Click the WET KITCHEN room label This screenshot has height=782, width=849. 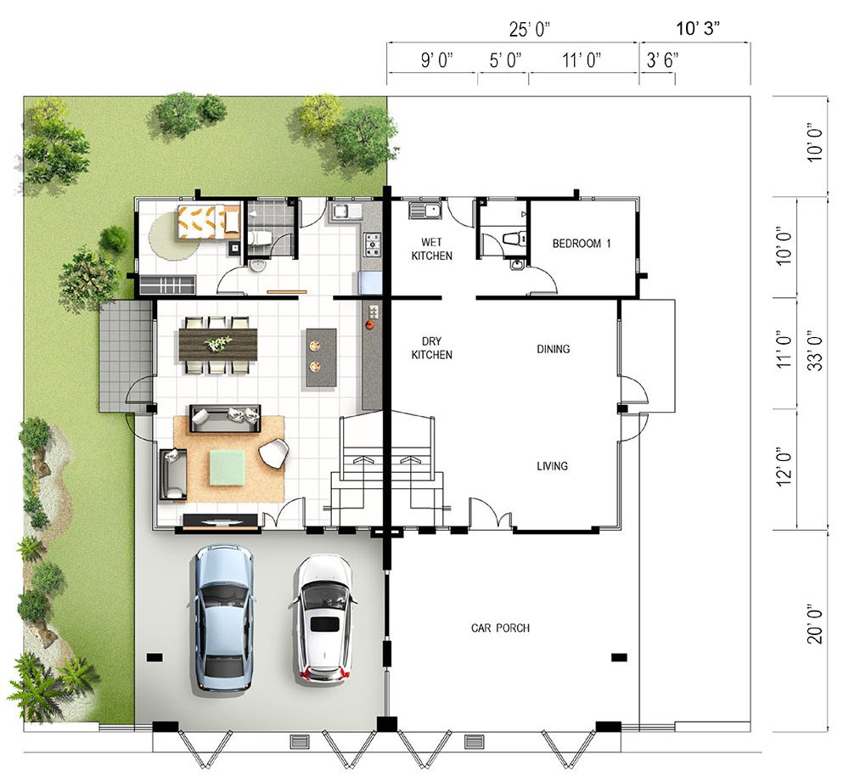(x=431, y=249)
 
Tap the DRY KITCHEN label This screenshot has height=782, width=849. (x=431, y=347)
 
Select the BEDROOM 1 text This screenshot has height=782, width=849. (x=582, y=244)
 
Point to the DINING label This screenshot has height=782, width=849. (x=554, y=349)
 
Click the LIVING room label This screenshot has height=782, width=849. (x=553, y=466)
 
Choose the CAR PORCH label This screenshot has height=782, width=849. (x=500, y=628)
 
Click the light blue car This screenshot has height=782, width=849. (x=222, y=617)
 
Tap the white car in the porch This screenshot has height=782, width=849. (x=324, y=617)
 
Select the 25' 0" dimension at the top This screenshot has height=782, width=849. (x=530, y=29)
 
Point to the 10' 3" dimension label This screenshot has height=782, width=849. (x=699, y=28)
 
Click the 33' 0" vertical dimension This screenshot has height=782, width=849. (x=815, y=351)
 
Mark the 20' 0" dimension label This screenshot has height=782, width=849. (x=815, y=624)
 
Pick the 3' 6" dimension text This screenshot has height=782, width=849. (x=662, y=59)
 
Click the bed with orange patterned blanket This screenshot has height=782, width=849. (x=209, y=222)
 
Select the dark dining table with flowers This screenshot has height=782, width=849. (x=218, y=344)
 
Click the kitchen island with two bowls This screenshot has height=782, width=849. (x=321, y=357)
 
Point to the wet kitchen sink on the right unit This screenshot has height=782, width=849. (x=426, y=210)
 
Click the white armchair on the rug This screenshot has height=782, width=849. (x=274, y=453)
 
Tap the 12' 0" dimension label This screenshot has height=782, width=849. (x=784, y=467)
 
